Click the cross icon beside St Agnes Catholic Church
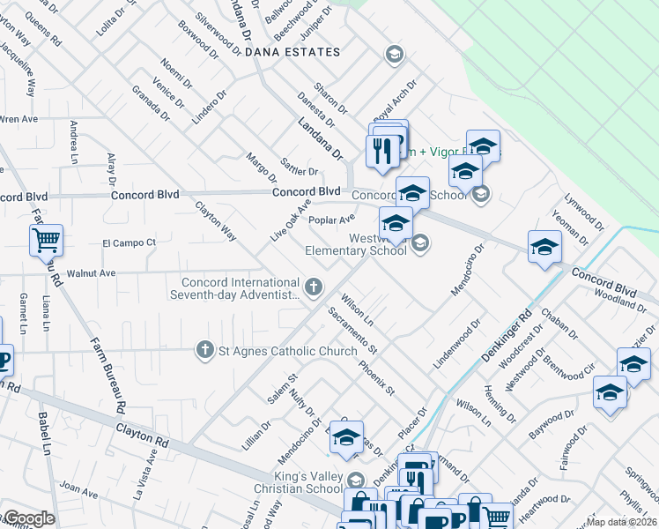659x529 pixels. (205, 351)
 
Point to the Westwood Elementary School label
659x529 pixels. (356, 244)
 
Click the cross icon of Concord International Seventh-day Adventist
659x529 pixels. (313, 286)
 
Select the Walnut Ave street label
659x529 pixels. (97, 273)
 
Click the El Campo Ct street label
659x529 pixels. (129, 242)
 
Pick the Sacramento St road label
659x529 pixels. (352, 330)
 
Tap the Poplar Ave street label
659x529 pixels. (332, 220)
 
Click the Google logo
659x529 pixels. (28, 518)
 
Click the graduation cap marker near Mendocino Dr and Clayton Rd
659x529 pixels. (346, 437)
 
